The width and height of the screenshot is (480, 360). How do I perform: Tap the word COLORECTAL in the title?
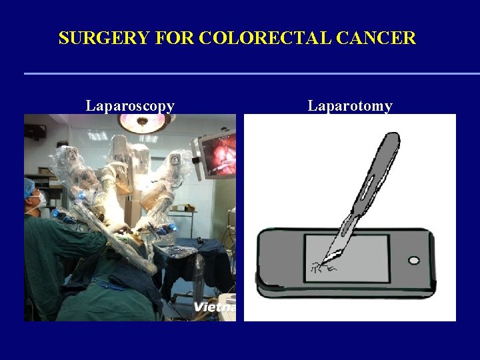[x=259, y=38]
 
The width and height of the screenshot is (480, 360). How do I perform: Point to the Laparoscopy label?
[x=130, y=105]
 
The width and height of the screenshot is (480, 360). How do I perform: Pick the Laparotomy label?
[x=350, y=105]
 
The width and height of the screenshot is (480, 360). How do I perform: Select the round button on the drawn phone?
[x=413, y=260]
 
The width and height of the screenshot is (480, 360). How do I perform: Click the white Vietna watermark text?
[x=215, y=307]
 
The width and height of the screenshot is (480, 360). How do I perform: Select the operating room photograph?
[x=130, y=217]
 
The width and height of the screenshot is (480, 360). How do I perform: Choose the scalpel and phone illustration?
[x=349, y=217]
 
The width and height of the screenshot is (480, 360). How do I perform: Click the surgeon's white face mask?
[x=41, y=199]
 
